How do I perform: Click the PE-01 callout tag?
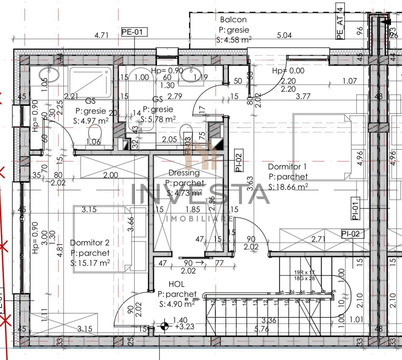coord(134,32)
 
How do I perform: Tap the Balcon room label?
coord(233,20)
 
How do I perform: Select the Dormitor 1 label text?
coord(287,166)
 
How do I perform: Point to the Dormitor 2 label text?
coord(90,243)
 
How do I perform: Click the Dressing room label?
coord(184,173)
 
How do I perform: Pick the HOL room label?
coord(177,284)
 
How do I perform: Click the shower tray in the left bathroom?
coord(90,81)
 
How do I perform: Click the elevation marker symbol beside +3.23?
coord(164,326)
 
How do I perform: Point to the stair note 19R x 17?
coord(304,272)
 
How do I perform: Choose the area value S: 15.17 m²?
coord(90,263)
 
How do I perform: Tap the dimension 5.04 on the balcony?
coord(284,35)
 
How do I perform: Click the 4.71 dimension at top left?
coord(102,35)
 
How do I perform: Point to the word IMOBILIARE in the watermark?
coord(199,219)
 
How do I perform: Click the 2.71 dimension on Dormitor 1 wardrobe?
coord(318,239)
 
